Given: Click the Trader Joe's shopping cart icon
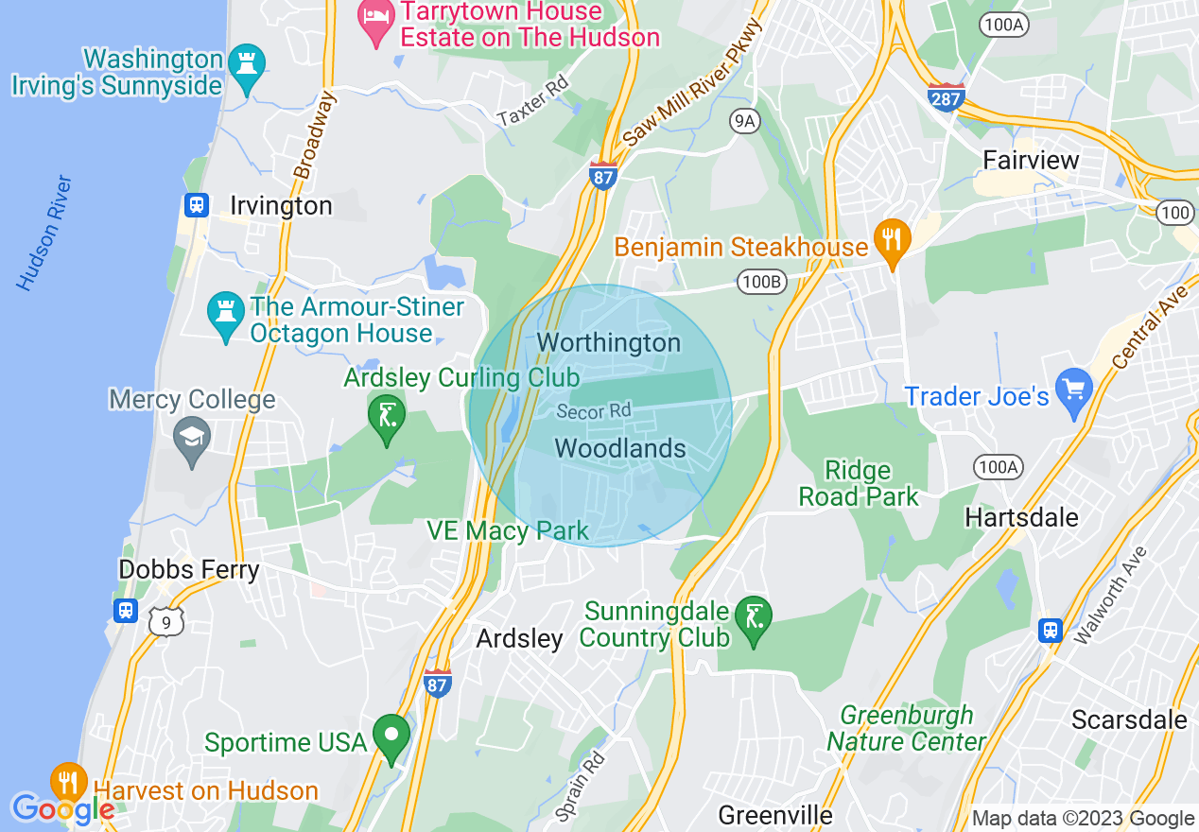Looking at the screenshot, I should click(x=1074, y=390).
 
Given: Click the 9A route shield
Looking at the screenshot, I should click(x=745, y=120).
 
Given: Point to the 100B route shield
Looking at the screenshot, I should click(x=762, y=282).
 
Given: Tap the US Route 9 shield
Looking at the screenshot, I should click(x=166, y=620).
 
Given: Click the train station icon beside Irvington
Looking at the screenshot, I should click(x=197, y=205).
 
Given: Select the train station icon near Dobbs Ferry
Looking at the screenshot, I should click(x=126, y=610).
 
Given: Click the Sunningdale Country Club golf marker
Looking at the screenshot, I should click(x=753, y=618).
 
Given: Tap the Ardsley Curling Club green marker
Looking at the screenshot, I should click(x=387, y=416).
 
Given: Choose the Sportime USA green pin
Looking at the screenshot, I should click(x=391, y=736).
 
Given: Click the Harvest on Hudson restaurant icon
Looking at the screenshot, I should click(x=68, y=781).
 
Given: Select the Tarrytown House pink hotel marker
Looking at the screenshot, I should click(x=377, y=21).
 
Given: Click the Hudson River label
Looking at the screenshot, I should click(x=43, y=233).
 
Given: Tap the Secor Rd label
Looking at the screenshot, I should click(x=593, y=411).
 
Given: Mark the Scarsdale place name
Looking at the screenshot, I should click(x=1129, y=719).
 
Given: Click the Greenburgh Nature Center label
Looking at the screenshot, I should click(x=906, y=728).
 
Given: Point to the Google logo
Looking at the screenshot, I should click(x=62, y=809).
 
